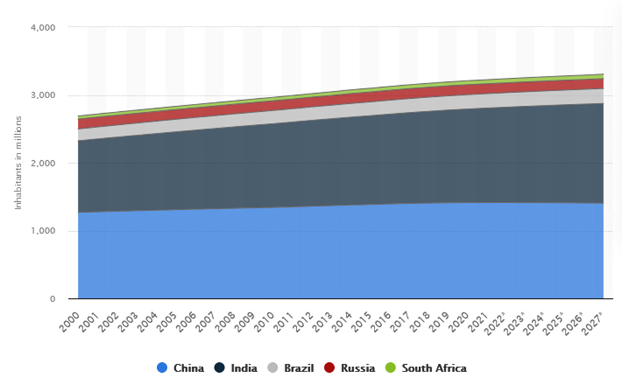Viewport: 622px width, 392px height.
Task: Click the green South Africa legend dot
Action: point(391,368)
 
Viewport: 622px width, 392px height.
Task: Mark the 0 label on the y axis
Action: point(53,299)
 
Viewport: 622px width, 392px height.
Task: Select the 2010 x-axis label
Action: point(264,319)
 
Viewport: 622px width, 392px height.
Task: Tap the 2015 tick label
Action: point(361,319)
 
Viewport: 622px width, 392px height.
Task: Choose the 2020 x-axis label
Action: point(457,319)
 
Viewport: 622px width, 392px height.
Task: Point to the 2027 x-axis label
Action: point(592,320)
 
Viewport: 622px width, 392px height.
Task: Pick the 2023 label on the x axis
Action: point(515,320)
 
